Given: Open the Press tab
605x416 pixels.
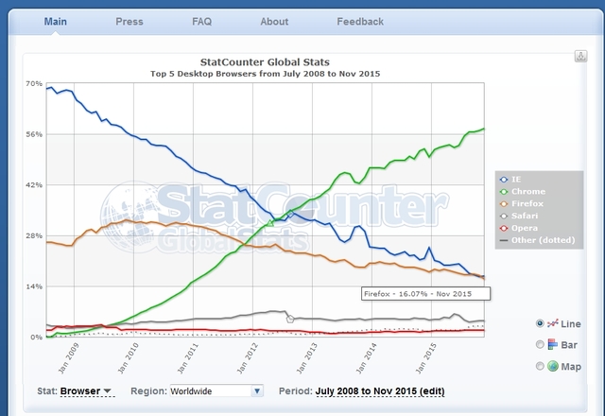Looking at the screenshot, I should click(130, 22).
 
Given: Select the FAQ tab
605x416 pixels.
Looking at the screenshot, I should click(202, 22).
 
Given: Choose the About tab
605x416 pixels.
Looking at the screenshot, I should click(274, 22).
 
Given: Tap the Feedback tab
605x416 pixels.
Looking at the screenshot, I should click(360, 22).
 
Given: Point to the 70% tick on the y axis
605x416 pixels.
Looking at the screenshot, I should click(34, 84).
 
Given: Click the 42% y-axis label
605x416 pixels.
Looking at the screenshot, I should click(34, 185).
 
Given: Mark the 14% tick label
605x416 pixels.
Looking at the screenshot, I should click(34, 286).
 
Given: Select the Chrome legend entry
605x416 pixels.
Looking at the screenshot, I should click(527, 192).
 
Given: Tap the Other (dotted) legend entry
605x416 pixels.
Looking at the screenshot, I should click(539, 241).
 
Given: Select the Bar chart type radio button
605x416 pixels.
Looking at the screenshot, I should click(540, 344).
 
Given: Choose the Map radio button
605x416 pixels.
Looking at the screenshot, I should click(540, 366).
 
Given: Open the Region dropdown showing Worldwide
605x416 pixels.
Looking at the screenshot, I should click(216, 390).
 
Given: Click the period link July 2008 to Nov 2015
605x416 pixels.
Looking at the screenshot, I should click(378, 390).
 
